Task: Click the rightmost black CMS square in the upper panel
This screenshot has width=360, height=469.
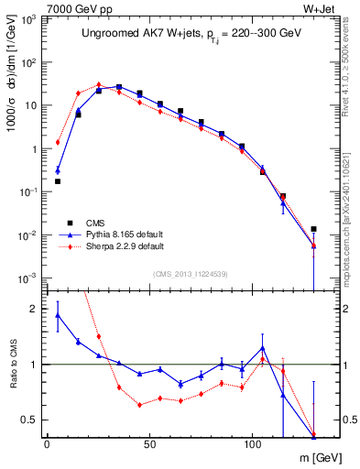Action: pyautogui.click(x=313, y=229)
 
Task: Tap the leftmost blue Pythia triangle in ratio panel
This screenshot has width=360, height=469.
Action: pyautogui.click(x=58, y=315)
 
